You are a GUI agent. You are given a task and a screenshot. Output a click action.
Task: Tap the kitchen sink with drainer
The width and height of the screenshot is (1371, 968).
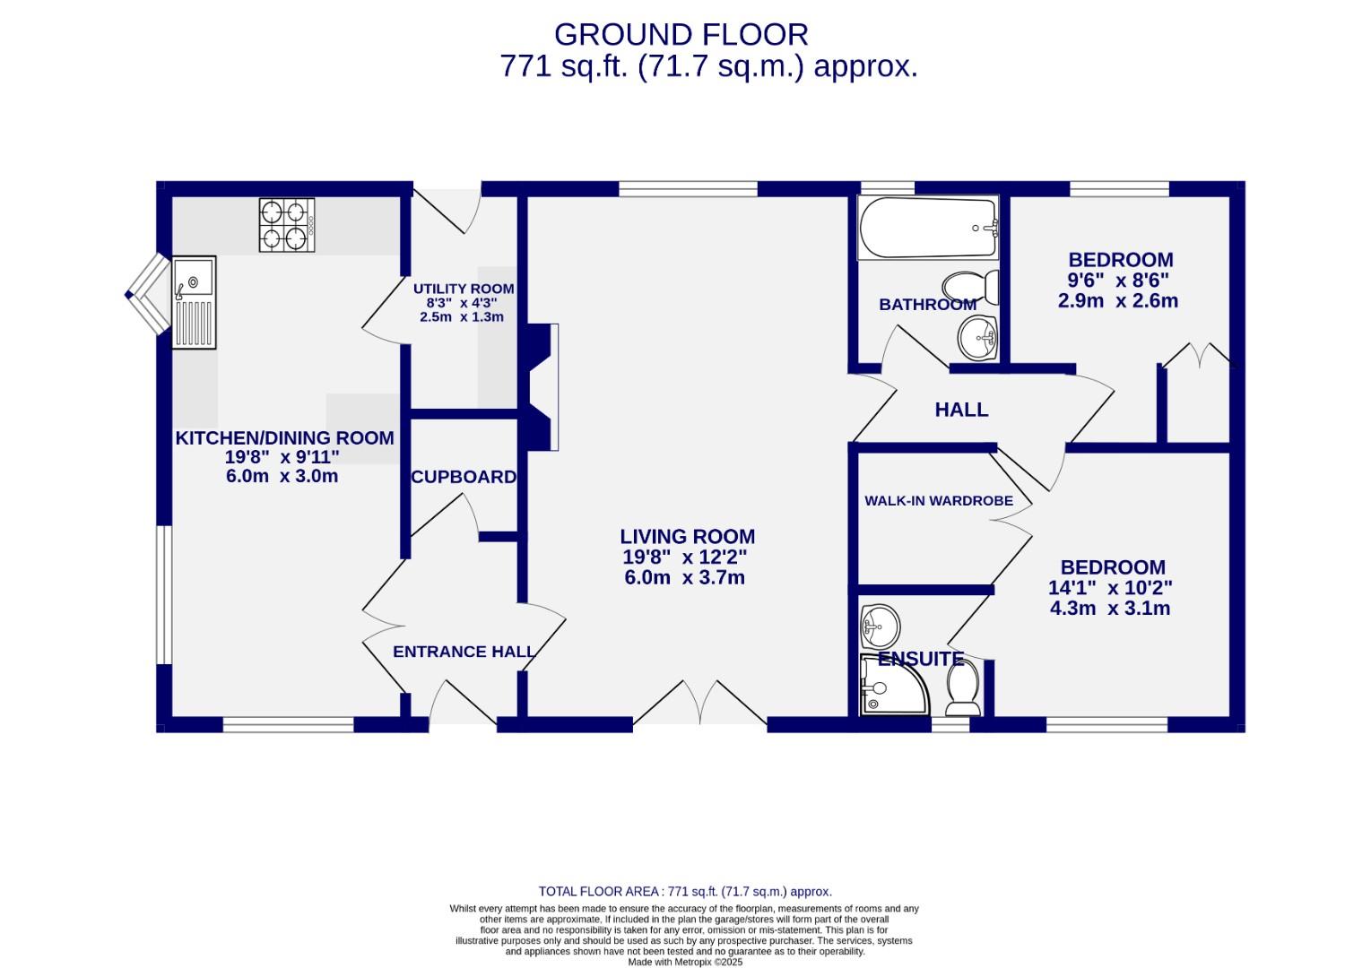(x=195, y=302)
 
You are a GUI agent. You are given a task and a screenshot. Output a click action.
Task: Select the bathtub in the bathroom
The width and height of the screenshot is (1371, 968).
(x=928, y=229)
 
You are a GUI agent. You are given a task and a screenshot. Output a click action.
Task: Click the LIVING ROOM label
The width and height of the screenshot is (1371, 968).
(x=687, y=537)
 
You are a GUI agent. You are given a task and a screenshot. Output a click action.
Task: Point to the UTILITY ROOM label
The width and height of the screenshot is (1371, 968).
(x=464, y=289)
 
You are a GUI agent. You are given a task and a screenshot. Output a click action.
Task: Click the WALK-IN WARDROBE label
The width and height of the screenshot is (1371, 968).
(x=938, y=501)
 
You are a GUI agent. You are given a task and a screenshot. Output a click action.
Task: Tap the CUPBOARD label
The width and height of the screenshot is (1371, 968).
(x=464, y=478)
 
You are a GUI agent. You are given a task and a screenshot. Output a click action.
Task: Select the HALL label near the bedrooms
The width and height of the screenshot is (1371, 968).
(x=961, y=411)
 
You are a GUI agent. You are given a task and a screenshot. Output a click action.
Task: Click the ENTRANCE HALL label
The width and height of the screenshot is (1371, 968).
(x=464, y=652)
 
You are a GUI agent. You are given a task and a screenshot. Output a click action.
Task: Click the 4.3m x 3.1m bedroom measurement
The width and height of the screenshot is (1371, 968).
(x=1110, y=609)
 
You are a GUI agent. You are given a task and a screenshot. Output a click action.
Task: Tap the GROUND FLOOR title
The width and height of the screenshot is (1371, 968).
(x=681, y=35)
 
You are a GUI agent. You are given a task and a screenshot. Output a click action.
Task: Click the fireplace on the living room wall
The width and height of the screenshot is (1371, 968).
(x=542, y=386)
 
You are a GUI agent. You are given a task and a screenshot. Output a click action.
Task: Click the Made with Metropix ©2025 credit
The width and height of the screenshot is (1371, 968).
(x=685, y=962)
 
